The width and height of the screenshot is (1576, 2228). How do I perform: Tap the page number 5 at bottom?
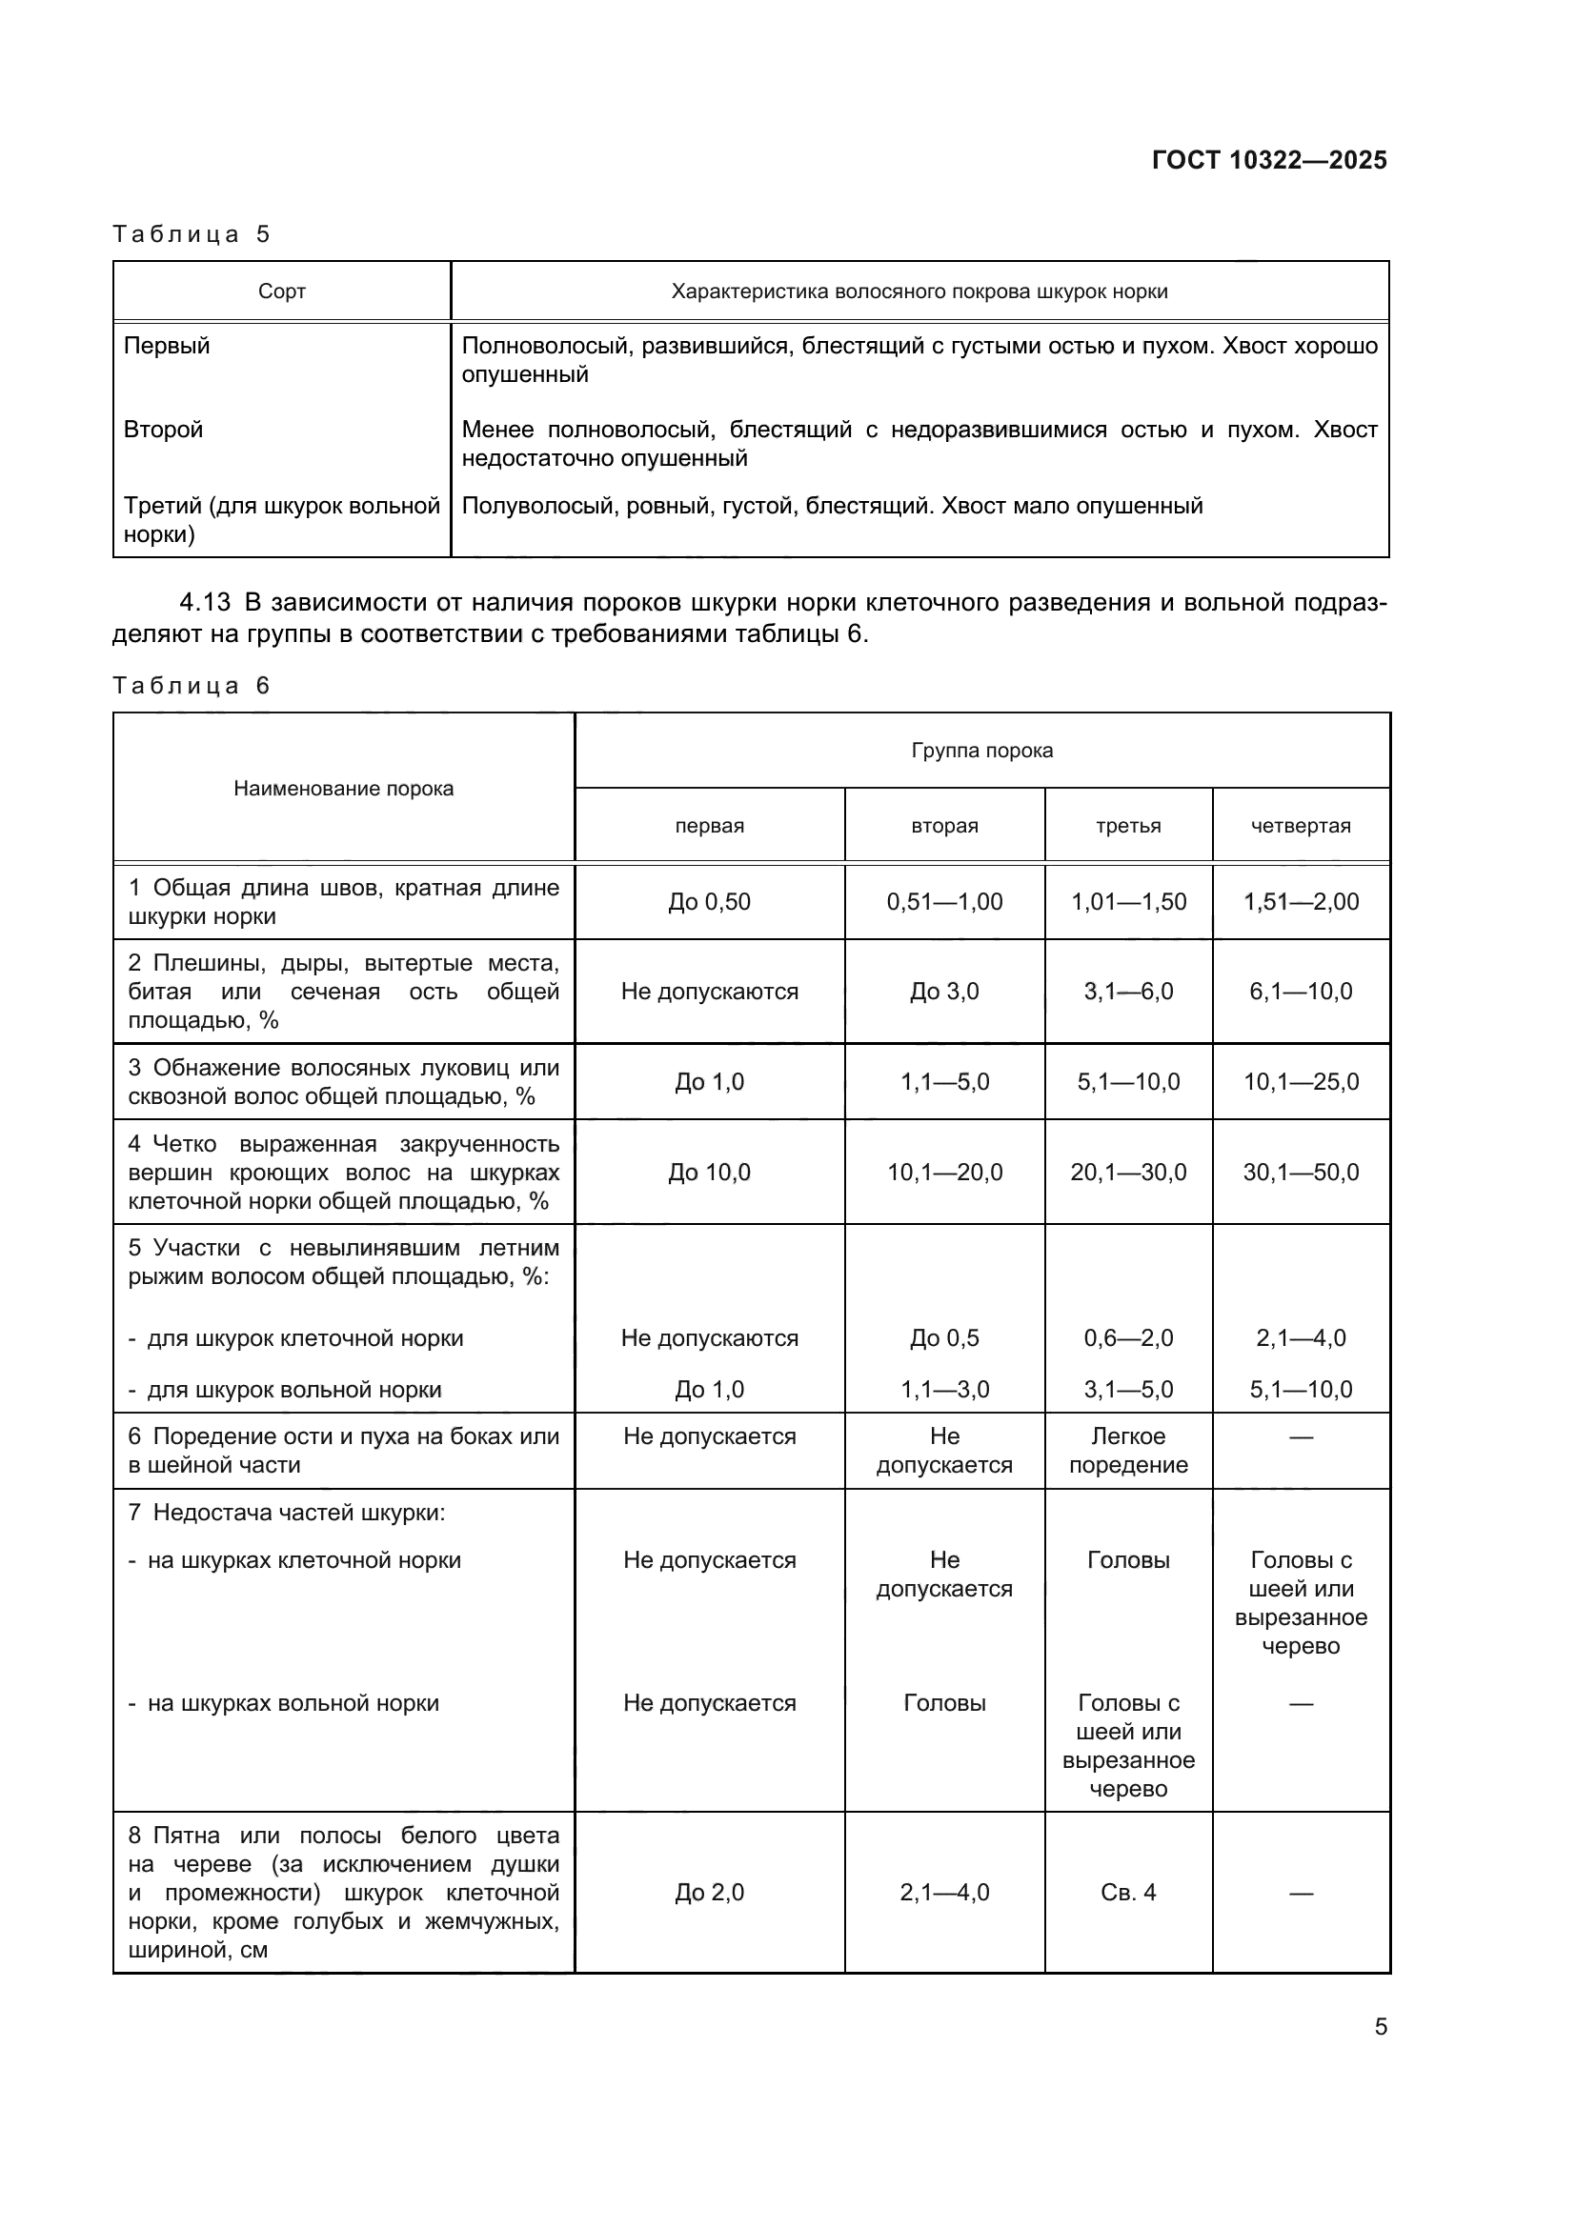click(x=1380, y=2026)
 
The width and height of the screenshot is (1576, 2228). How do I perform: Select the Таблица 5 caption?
click(x=191, y=234)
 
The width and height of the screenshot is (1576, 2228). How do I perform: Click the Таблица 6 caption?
click(x=191, y=686)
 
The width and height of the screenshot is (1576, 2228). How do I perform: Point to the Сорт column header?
click(x=281, y=291)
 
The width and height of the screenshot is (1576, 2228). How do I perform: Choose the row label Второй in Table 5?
click(x=163, y=429)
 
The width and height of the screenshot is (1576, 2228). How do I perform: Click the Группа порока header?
click(x=981, y=750)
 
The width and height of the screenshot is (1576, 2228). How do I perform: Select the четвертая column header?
click(x=1301, y=826)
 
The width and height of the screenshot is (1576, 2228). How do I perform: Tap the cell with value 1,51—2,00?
click(x=1301, y=901)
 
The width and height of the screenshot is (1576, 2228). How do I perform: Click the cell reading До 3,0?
click(x=943, y=992)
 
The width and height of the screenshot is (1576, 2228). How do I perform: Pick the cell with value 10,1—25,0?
click(x=1301, y=1082)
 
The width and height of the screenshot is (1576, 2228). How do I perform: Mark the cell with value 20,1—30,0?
click(x=1127, y=1173)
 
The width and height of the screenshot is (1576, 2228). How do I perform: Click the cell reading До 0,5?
click(x=943, y=1338)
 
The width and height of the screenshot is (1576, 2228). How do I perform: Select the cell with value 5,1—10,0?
click(x=1301, y=1390)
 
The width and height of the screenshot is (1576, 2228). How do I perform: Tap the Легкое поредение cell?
click(x=1127, y=1451)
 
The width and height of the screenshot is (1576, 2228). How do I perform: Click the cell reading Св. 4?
click(x=1127, y=1893)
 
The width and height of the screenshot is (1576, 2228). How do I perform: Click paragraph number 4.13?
click(x=205, y=603)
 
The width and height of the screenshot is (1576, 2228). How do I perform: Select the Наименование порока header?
click(x=344, y=788)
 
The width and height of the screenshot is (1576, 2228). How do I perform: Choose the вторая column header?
click(x=943, y=826)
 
